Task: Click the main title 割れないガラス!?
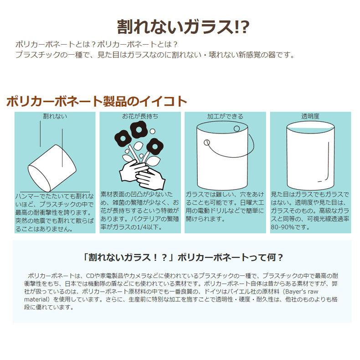coord(183,27)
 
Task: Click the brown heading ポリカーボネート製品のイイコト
coord(97,102)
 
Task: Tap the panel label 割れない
coord(55,116)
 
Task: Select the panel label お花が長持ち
coord(140,116)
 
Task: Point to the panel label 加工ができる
coord(225,116)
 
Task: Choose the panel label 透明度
coord(310,116)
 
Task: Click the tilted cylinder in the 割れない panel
coord(52,168)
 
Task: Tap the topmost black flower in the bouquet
coord(138,129)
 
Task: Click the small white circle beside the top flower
coord(152,131)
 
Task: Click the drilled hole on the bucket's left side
coord(206,143)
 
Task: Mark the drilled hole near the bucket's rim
coord(237,129)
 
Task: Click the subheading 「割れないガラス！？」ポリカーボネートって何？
coord(183,257)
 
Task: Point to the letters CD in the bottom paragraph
coord(90,276)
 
